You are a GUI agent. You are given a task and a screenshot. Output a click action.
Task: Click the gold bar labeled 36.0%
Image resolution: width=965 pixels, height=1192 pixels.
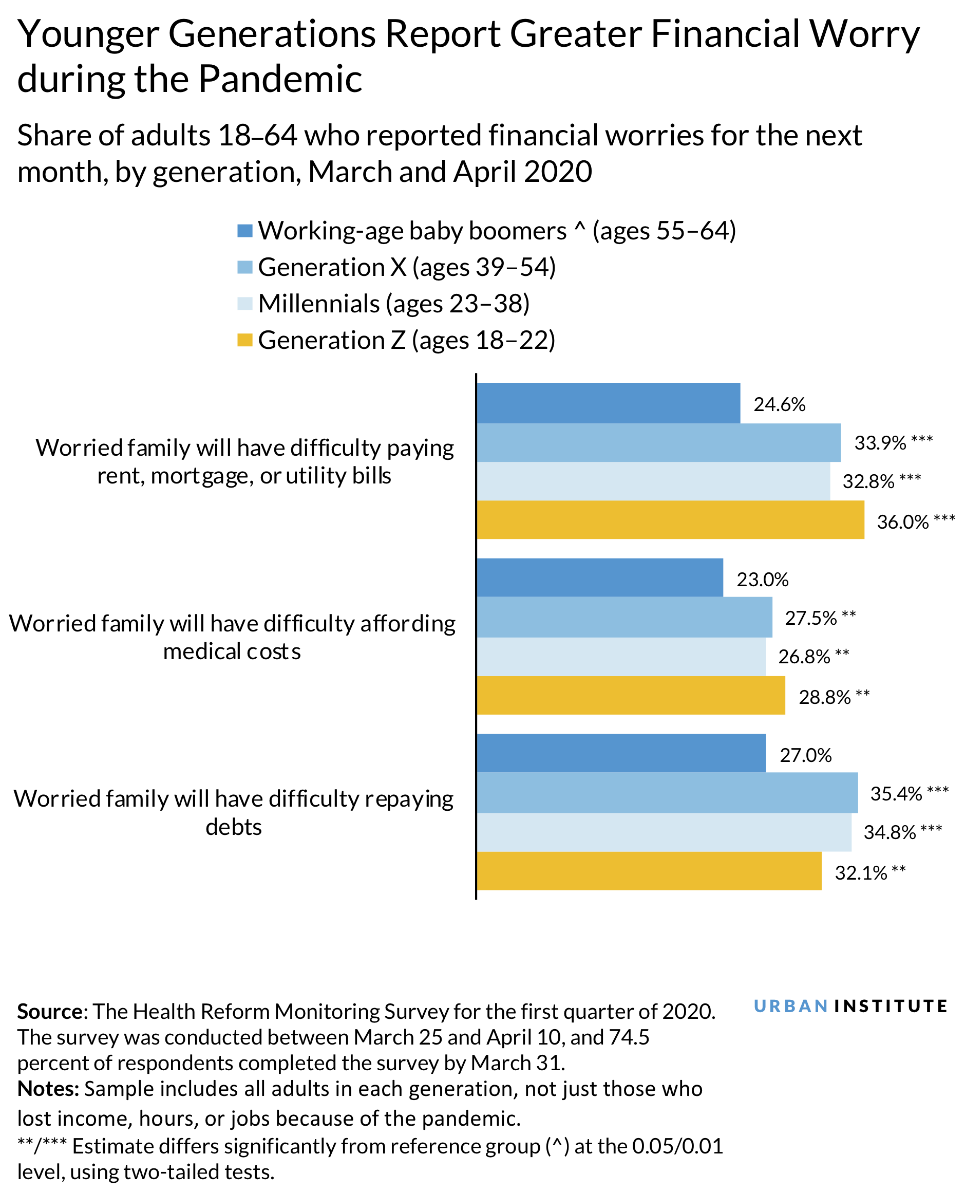click(670, 519)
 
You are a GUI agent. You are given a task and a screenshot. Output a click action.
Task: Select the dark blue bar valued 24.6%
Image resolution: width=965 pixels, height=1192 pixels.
click(608, 402)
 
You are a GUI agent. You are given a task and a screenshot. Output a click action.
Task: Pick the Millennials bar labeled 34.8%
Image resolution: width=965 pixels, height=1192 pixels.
click(664, 832)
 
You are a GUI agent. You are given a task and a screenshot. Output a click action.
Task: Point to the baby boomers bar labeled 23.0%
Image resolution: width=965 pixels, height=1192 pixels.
click(600, 577)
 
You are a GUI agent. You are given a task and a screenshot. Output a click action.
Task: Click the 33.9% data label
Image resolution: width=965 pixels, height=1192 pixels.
click(880, 443)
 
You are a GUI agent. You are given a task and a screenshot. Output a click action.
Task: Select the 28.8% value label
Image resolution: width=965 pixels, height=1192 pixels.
click(824, 697)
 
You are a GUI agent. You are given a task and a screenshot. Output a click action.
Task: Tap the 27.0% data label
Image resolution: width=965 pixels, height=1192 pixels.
click(805, 755)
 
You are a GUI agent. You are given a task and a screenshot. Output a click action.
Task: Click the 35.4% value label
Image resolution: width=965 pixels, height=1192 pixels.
click(896, 793)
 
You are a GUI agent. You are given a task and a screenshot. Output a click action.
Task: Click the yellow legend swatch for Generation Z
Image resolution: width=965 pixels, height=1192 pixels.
click(244, 340)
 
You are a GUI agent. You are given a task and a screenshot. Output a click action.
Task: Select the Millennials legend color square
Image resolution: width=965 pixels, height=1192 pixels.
click(244, 304)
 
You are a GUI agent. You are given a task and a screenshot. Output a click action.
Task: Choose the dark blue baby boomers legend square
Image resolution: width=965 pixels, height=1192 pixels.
click(244, 231)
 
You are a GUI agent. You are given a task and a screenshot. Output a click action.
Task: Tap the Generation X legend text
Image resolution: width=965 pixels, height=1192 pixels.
click(406, 267)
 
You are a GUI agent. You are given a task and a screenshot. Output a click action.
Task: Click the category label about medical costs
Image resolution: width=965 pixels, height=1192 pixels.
click(232, 637)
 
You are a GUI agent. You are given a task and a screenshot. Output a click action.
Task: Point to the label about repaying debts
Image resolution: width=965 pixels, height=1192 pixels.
click(234, 812)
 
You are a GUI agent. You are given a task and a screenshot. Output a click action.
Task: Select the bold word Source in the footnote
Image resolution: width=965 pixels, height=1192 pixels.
click(50, 1011)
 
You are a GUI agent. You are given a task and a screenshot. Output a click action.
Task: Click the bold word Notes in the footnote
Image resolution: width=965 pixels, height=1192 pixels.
click(48, 1089)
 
